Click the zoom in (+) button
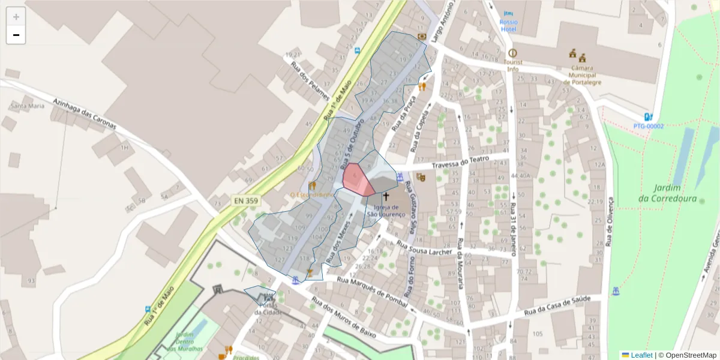(x=16, y=17)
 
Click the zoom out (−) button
(x=16, y=35)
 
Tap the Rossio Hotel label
(x=508, y=26)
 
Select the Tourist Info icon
(x=512, y=53)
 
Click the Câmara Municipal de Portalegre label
(x=579, y=75)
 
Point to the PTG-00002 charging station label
(x=649, y=126)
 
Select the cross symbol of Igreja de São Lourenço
(x=386, y=197)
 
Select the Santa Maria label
(x=28, y=106)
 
